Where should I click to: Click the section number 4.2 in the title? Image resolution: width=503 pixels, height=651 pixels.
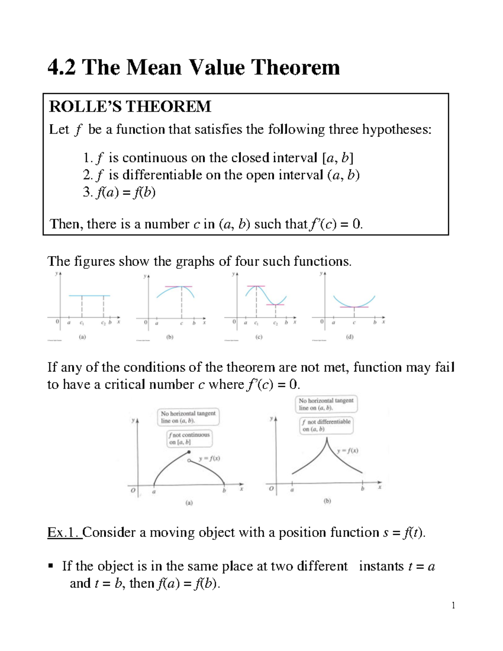[x=62, y=67]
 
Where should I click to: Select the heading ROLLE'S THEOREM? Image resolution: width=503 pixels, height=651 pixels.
[x=130, y=107]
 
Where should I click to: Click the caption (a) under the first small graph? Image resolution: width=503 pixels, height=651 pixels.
[x=82, y=337]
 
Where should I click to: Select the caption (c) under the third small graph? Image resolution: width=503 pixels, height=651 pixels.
[x=259, y=337]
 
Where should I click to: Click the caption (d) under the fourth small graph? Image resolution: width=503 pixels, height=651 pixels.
[x=350, y=337]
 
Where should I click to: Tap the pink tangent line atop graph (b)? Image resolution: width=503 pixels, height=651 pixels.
[x=179, y=286]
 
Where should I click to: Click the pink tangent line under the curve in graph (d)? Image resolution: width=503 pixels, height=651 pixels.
[x=354, y=307]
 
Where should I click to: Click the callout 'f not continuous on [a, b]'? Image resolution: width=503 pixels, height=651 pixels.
[x=189, y=438]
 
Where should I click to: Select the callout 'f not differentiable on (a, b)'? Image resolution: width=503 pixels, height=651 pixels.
[x=326, y=425]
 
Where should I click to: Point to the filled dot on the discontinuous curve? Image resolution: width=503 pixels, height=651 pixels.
[x=189, y=452]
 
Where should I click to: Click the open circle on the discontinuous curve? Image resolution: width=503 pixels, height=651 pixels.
[x=189, y=460]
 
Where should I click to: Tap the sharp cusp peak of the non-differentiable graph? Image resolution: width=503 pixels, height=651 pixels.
[x=326, y=439]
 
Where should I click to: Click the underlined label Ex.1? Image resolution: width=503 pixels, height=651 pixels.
[x=65, y=532]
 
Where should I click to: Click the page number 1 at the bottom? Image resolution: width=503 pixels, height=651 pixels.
[x=453, y=605]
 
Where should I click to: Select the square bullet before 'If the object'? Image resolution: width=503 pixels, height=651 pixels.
[x=51, y=566]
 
